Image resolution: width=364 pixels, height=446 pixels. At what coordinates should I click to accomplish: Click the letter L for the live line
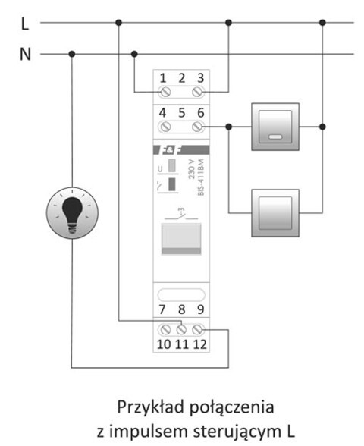click(25, 24)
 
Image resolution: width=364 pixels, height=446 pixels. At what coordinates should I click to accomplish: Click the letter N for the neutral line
click(24, 55)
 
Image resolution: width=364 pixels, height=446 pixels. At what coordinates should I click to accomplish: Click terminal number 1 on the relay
click(164, 77)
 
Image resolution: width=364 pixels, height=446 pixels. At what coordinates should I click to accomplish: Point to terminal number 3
click(199, 77)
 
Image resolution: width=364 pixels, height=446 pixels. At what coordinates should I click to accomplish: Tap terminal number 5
click(181, 111)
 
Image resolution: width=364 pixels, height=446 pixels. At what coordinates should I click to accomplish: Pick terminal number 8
click(181, 309)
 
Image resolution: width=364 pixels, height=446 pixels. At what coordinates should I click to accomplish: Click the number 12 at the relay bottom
click(199, 346)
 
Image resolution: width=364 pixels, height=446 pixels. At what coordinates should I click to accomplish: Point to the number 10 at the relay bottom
click(163, 346)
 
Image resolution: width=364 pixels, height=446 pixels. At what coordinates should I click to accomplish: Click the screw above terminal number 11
click(181, 331)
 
